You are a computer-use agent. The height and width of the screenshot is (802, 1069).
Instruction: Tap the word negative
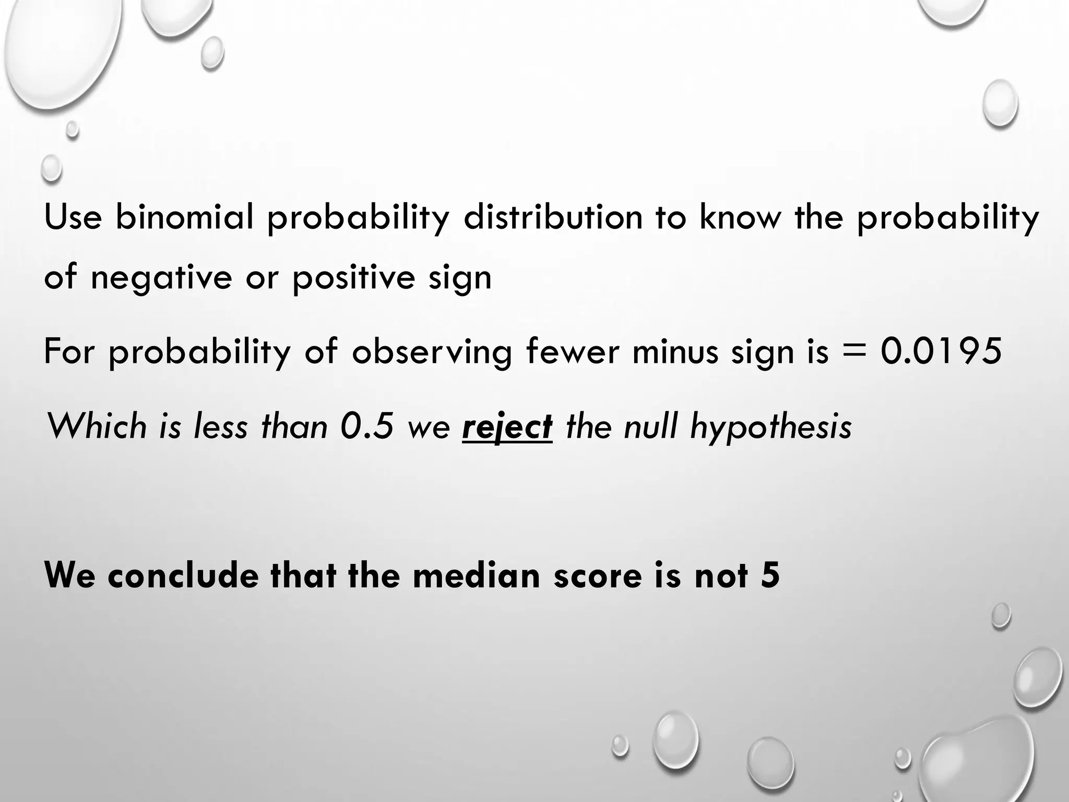[161, 277]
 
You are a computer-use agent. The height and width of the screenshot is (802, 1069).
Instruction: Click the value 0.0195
[941, 351]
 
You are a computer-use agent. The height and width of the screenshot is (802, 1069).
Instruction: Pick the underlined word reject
[507, 427]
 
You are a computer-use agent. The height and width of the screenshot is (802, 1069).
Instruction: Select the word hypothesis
[770, 427]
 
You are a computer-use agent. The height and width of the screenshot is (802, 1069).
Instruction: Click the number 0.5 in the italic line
[367, 427]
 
